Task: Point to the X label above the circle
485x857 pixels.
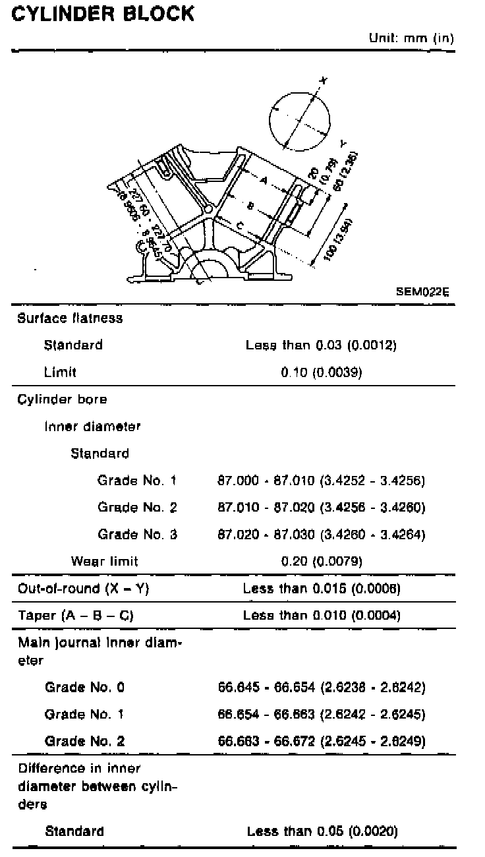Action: [x=322, y=80]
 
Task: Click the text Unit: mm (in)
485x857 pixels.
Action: [x=411, y=38]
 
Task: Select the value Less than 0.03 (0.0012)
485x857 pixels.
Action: [x=322, y=345]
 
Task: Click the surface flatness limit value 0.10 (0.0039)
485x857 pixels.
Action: [x=322, y=372]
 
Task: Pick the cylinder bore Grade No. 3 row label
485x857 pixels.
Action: [x=137, y=534]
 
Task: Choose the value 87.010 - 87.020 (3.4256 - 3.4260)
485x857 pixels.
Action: [x=322, y=507]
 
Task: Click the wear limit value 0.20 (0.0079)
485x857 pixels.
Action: [x=322, y=561]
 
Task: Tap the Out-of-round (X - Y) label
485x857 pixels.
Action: [x=83, y=589]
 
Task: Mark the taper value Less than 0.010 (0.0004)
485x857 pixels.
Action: [x=322, y=615]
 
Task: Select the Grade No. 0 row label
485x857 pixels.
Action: [x=84, y=688]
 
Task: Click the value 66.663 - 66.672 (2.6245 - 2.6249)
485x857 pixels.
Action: [x=322, y=741]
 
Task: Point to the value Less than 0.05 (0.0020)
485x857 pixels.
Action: [x=322, y=831]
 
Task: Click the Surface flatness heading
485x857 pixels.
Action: [x=70, y=318]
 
